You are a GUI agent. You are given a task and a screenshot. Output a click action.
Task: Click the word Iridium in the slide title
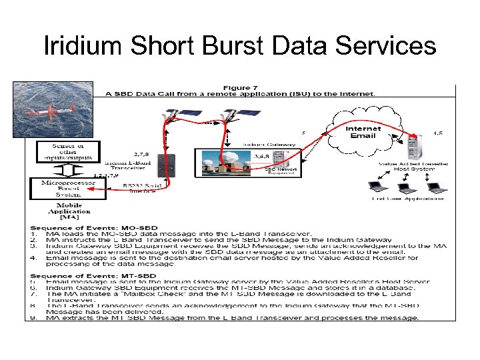(x=83, y=47)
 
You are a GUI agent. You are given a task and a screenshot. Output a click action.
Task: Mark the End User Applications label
(x=408, y=199)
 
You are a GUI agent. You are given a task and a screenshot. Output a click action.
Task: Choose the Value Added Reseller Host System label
(x=413, y=167)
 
